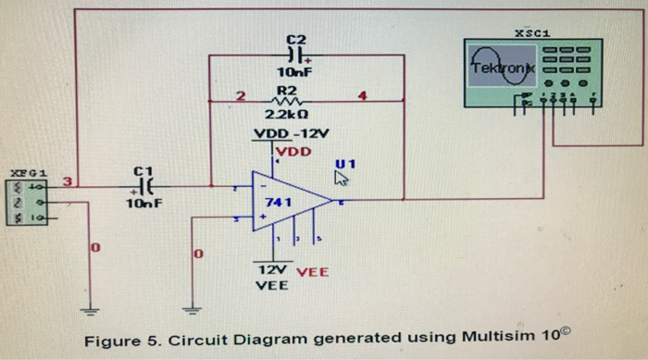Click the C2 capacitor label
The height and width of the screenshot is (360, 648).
point(295,39)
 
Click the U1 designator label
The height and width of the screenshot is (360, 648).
point(346,163)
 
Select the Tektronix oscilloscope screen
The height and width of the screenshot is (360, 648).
point(501,67)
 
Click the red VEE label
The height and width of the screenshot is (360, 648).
point(313,272)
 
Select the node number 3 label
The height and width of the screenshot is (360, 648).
point(66,179)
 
